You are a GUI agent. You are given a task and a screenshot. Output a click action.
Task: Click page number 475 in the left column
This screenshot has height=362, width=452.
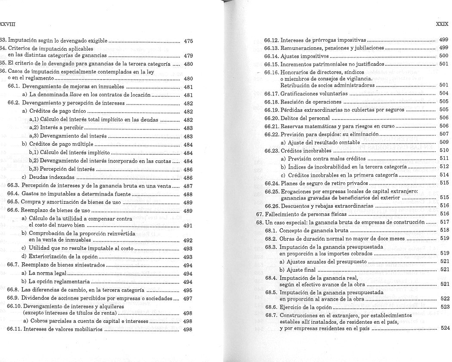(x=188, y=41)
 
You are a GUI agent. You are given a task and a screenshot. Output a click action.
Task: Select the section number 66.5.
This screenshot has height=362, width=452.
(x=13, y=202)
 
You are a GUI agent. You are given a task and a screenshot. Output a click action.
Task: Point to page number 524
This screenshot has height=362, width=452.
(x=445, y=328)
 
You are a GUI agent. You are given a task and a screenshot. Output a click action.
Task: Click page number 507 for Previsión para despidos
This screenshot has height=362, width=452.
(x=444, y=134)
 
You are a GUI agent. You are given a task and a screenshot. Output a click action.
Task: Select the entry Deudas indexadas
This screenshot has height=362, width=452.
(x=52, y=178)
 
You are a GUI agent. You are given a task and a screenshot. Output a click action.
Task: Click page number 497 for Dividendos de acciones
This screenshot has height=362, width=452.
(x=188, y=298)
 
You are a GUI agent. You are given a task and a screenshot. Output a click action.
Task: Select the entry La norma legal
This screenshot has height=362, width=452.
(x=48, y=273)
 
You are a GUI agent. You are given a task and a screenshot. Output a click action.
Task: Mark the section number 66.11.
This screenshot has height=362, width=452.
(x=15, y=329)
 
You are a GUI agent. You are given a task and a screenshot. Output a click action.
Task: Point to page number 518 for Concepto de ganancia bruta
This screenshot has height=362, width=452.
(x=444, y=230)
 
